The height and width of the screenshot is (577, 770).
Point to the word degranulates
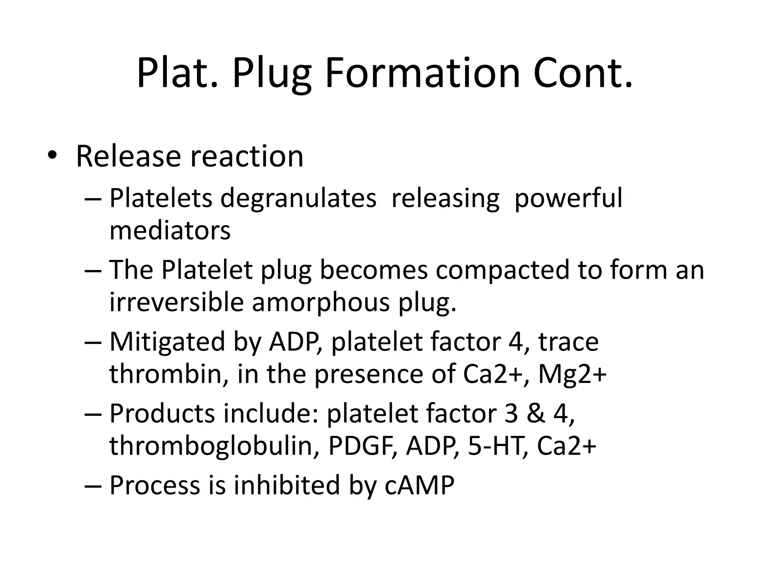coord(298,198)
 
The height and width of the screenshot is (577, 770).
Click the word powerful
coord(568,198)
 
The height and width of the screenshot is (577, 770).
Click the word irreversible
coord(176,302)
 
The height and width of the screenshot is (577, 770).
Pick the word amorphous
coord(321,302)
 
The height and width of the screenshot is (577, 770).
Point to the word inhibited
coord(287,485)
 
